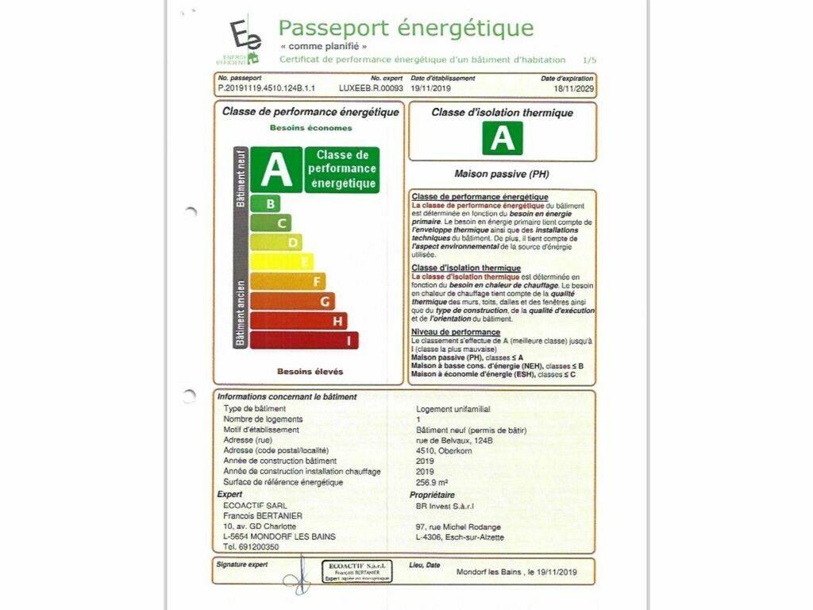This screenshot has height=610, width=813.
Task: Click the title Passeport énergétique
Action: tap(406, 29)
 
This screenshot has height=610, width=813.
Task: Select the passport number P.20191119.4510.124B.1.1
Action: tap(267, 90)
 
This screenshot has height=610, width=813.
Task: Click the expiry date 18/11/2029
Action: tap(573, 90)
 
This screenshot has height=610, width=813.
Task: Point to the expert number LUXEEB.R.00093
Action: tap(371, 90)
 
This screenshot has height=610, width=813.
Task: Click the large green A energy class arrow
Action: tap(276, 169)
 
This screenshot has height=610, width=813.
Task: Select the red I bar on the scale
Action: tap(304, 340)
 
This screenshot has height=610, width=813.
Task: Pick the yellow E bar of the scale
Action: tap(282, 261)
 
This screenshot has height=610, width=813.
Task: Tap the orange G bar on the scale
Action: tap(292, 301)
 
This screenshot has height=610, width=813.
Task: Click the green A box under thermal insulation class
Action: tap(503, 137)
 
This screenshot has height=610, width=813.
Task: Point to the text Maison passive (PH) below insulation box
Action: tap(502, 173)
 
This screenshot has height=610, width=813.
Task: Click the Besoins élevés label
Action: tap(310, 371)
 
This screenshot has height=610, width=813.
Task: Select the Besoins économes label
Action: tap(310, 127)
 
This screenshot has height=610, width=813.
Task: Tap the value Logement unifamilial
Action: tap(453, 409)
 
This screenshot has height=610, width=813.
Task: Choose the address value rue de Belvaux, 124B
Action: tap(455, 440)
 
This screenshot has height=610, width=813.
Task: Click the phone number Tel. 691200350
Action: tap(251, 547)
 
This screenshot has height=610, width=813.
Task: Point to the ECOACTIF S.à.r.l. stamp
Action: tap(356, 571)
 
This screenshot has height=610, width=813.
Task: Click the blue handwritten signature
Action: tap(297, 575)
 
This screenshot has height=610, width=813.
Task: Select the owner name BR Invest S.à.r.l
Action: tap(445, 504)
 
